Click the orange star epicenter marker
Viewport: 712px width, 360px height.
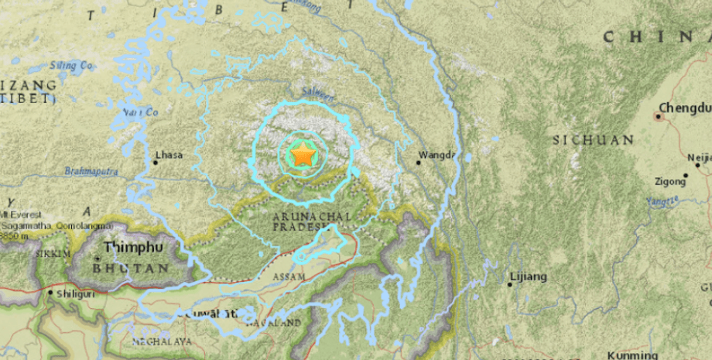303,156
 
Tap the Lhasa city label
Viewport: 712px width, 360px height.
169,156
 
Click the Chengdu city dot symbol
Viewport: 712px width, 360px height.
658,116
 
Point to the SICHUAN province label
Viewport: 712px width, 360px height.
594,140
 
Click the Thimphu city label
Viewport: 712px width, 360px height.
134,248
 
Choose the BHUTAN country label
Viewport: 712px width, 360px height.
131,268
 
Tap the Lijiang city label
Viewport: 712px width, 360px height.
529,276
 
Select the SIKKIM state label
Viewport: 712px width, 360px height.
52,254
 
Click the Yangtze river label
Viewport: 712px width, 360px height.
661,201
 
